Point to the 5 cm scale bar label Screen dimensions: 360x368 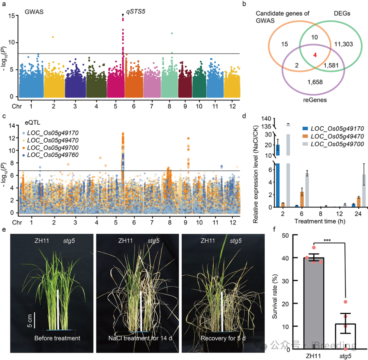[30, 319]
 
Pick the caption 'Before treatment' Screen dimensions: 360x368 [57, 338]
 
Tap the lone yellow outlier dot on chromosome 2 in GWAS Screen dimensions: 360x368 [53, 37]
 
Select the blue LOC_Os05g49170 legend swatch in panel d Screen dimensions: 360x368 [305, 129]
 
